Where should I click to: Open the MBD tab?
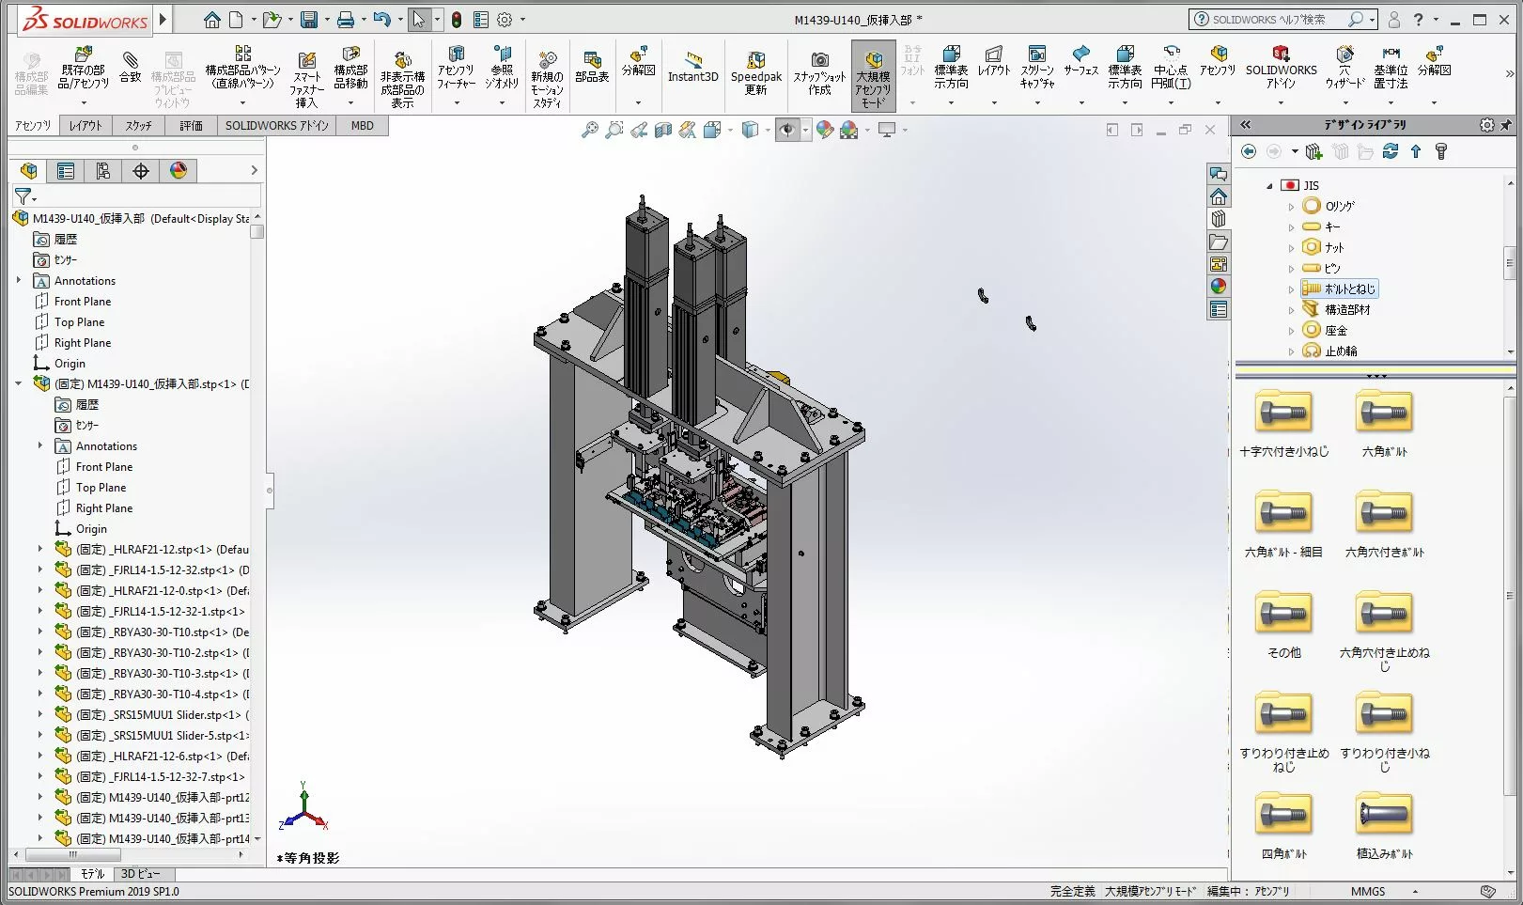tap(362, 125)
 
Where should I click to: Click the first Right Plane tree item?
tap(82, 343)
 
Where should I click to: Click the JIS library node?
tap(1311, 185)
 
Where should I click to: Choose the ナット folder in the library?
tap(1334, 247)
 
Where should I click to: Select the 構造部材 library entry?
tap(1347, 309)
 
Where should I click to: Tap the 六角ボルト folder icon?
tap(1384, 413)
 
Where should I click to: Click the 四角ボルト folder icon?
tap(1283, 814)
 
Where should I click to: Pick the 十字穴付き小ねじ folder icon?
tap(1283, 413)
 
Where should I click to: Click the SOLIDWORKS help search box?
tap(1278, 20)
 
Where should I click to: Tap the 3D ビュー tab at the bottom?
tap(140, 874)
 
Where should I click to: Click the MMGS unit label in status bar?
tap(1368, 891)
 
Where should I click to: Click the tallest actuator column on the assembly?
tap(646, 282)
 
